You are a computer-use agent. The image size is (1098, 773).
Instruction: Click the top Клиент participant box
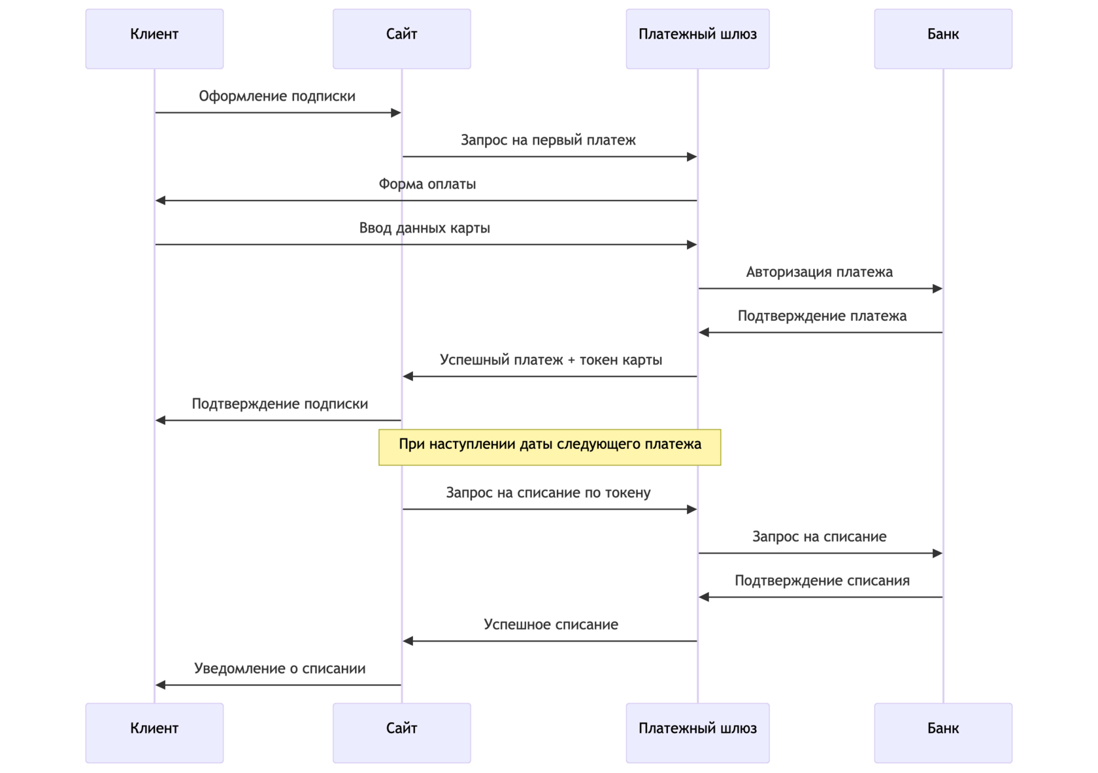pyautogui.click(x=154, y=39)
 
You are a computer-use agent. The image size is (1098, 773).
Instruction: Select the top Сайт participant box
pyautogui.click(x=402, y=39)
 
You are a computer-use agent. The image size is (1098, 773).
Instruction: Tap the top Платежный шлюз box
pyautogui.click(x=697, y=39)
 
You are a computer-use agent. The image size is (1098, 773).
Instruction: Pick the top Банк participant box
pyautogui.click(x=943, y=39)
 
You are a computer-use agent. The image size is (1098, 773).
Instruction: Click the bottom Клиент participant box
pyautogui.click(x=154, y=732)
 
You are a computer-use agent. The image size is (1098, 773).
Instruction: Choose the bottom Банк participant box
pyautogui.click(x=943, y=732)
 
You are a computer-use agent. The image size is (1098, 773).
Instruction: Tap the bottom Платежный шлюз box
pyautogui.click(x=697, y=732)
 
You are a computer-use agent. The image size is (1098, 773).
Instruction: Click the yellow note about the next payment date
pyautogui.click(x=550, y=447)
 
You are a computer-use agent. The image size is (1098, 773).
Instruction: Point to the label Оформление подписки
pyautogui.click(x=277, y=96)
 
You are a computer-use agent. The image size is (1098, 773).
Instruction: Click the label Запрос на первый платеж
pyautogui.click(x=548, y=140)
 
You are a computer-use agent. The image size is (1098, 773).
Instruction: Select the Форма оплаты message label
pyautogui.click(x=427, y=184)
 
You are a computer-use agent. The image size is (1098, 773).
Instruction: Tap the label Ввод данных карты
pyautogui.click(x=425, y=228)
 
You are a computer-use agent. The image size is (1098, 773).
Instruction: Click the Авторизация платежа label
pyautogui.click(x=819, y=272)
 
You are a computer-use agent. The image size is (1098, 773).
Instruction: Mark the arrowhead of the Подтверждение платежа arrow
pyautogui.click(x=704, y=333)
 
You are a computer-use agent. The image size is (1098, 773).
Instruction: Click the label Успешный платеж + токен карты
pyautogui.click(x=550, y=360)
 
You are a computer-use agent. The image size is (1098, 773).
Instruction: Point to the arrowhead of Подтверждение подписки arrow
pyautogui.click(x=160, y=420)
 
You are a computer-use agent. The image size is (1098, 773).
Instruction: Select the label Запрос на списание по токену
pyautogui.click(x=548, y=493)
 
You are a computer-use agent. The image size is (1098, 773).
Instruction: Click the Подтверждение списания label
pyautogui.click(x=822, y=581)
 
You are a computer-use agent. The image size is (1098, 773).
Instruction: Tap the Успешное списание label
pyautogui.click(x=550, y=625)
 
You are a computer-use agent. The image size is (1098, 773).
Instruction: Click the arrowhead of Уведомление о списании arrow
pyautogui.click(x=160, y=685)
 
